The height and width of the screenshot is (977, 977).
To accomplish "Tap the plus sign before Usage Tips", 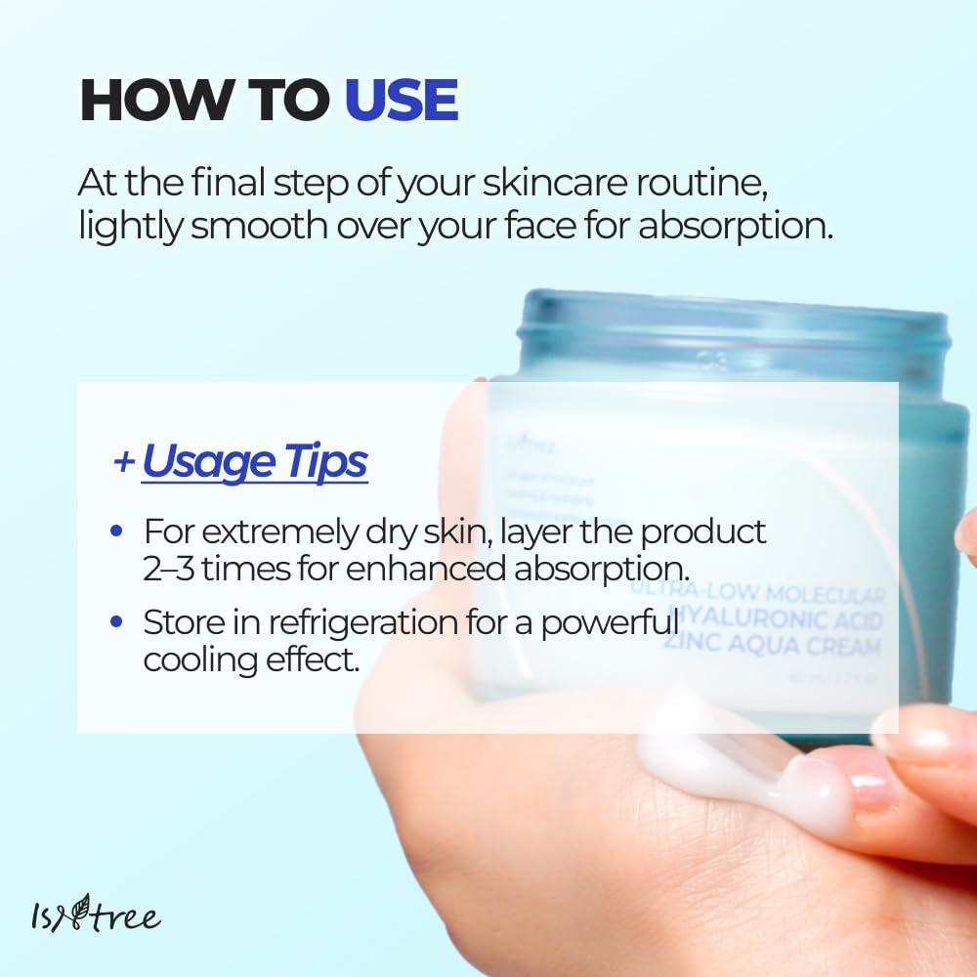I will [123, 461].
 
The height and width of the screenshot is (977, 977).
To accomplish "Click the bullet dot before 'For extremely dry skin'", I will [117, 532].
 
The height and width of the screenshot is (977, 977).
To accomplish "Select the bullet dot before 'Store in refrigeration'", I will [117, 620].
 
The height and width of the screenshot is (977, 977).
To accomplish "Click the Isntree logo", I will [94, 915].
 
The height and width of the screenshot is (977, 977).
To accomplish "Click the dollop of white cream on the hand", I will [743, 767].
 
